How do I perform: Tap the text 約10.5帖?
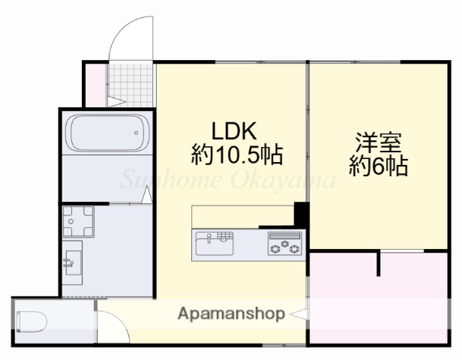point(237,155)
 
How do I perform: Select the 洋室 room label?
point(379,142)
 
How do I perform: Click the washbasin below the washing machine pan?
point(73,262)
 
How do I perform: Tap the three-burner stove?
point(285,244)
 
